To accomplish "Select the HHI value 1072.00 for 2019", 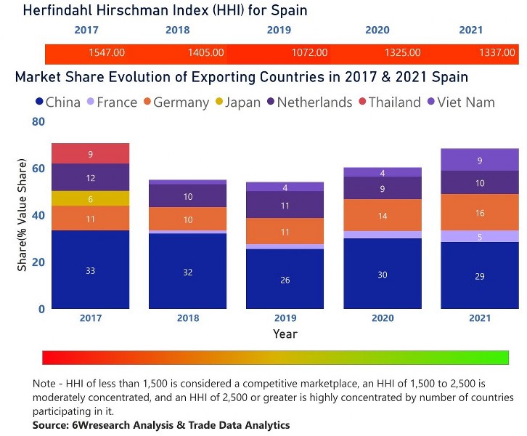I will point(309,53).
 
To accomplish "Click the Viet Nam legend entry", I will point(465,102).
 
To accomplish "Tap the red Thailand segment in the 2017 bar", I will point(90,153).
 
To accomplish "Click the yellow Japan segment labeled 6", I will point(90,198).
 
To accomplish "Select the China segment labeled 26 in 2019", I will point(285,278).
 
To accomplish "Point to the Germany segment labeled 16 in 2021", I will point(479,212).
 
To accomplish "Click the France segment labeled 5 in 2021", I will point(479,236).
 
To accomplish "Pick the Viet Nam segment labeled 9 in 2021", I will point(479,160).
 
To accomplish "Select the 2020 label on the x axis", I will point(382,318).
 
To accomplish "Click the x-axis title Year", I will point(285,334).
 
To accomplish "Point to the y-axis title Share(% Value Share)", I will point(23,218).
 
